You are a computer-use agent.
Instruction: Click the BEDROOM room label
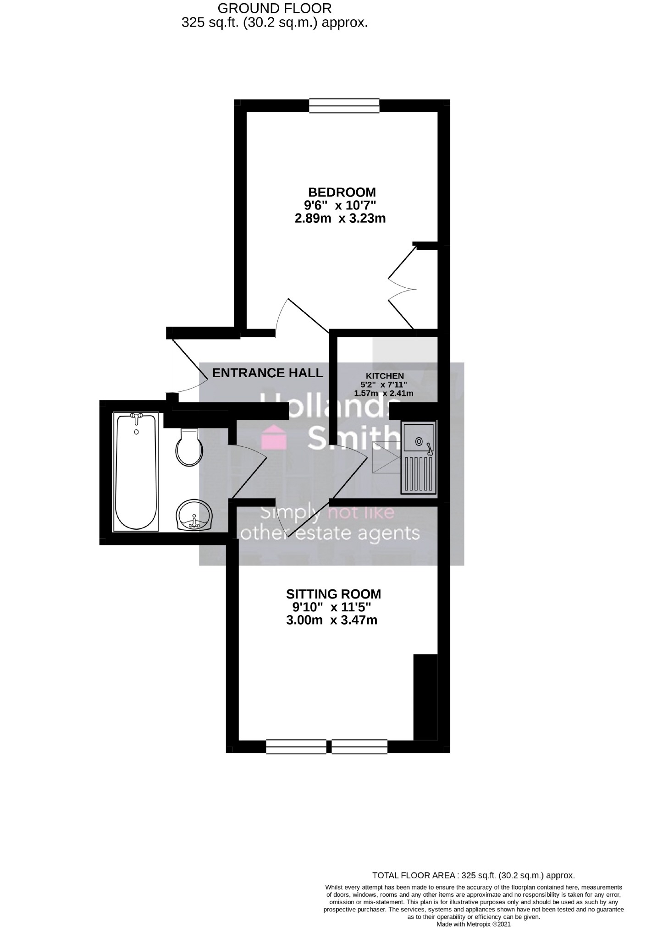342,192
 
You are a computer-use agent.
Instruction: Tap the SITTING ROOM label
333,594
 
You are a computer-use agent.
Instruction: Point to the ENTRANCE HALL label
268,373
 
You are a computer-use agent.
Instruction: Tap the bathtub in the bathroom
136,472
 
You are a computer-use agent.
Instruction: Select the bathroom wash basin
195,516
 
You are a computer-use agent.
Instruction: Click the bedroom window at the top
344,105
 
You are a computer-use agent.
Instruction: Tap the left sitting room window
296,747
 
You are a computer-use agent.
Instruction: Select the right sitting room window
359,747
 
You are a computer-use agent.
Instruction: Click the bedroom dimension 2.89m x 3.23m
340,218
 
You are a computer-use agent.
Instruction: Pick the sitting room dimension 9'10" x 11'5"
331,608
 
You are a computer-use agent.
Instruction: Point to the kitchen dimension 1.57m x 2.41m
384,393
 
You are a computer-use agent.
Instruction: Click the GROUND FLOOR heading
274,8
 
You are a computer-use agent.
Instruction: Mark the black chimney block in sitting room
425,697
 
